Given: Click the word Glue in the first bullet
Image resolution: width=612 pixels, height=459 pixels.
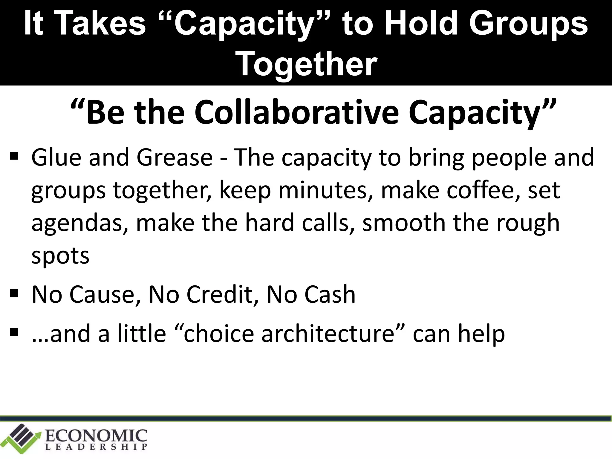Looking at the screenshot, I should pyautogui.click(x=56, y=157).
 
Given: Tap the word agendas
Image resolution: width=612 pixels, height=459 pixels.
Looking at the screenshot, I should pyautogui.click(x=80, y=224).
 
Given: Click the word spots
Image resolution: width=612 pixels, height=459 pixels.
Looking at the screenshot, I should pyautogui.click(x=60, y=256).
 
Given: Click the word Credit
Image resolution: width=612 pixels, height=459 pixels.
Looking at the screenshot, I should pyautogui.click(x=220, y=294).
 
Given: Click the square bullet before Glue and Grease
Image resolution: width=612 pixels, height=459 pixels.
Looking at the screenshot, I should pyautogui.click(x=14, y=156).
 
